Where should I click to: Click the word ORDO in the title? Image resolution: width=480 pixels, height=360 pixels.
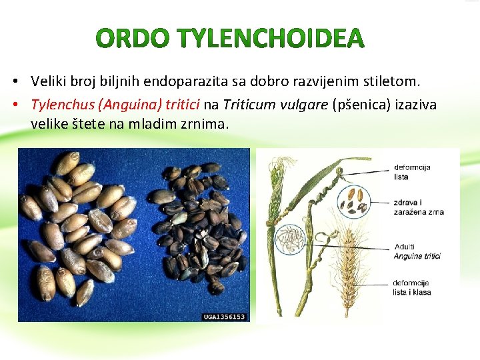(131, 39)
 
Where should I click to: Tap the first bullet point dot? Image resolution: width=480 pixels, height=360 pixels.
(14, 83)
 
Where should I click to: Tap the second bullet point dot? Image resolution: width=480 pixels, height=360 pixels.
(14, 105)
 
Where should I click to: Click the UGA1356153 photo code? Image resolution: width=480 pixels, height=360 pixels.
(225, 317)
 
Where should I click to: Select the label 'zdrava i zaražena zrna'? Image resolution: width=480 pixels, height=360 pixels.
(419, 207)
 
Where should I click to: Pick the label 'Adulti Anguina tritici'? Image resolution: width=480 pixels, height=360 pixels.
(417, 251)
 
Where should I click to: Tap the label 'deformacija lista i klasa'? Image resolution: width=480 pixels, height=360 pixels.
(412, 287)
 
